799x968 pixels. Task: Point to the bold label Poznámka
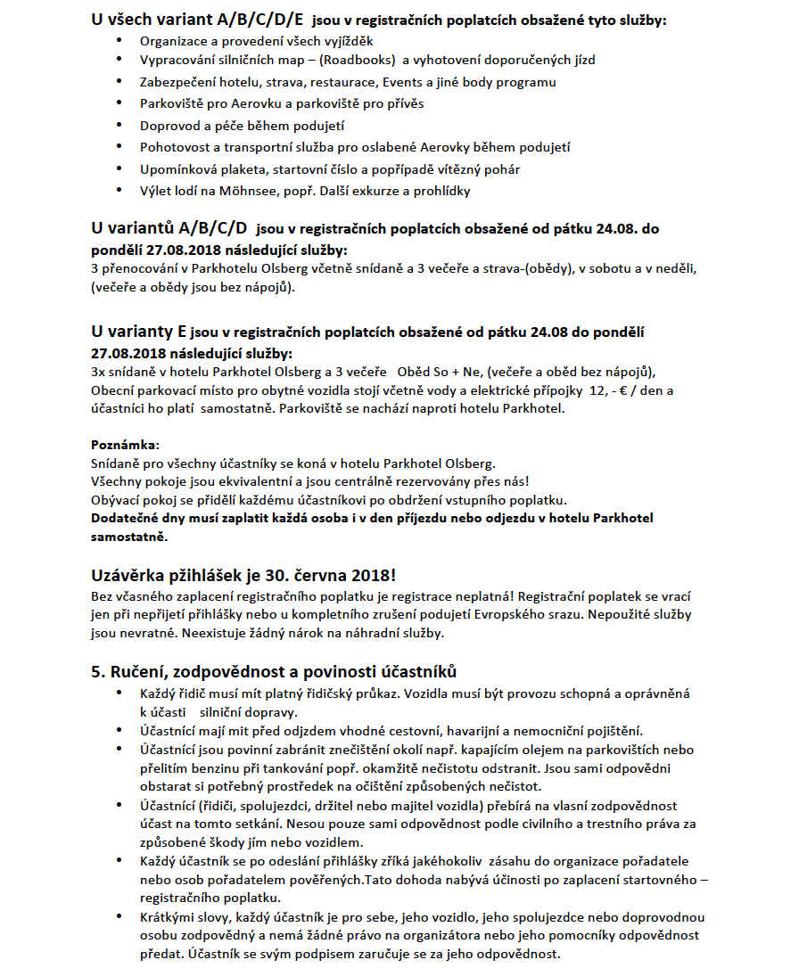125,444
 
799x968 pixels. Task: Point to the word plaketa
235,169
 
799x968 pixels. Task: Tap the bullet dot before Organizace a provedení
120,41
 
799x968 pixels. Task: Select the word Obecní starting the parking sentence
112,391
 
